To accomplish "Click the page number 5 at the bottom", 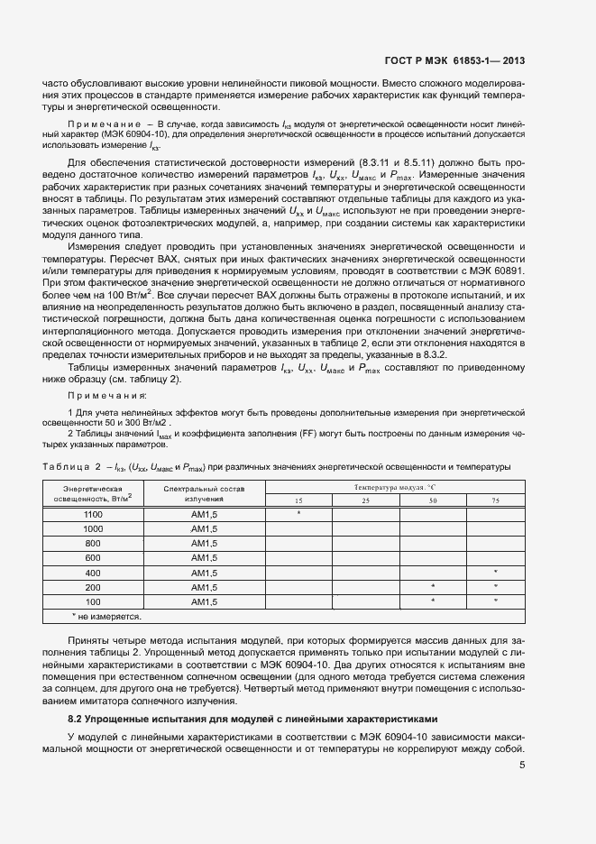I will [522, 766].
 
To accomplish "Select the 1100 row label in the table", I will [93, 513].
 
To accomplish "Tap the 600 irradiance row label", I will [93, 557].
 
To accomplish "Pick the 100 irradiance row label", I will [93, 601].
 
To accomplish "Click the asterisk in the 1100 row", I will [298, 513].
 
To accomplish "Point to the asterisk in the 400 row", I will [496, 573].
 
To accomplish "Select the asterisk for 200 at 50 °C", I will [433, 587].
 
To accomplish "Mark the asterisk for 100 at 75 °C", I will [496, 601].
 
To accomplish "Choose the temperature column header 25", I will [365, 500].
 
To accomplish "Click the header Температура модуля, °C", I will [396, 487].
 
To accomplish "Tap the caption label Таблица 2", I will [70, 466].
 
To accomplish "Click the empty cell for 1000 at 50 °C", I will [433, 528].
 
